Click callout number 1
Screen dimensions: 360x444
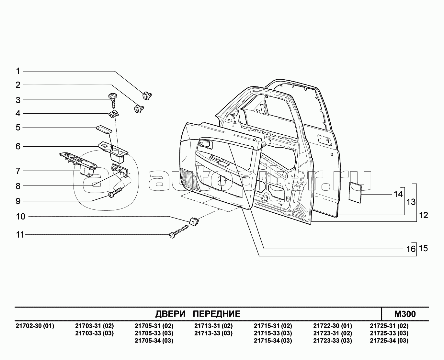pyautogui.click(x=18, y=71)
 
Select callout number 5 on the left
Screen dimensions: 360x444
pyautogui.click(x=18, y=127)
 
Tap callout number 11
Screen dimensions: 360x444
pyautogui.click(x=20, y=234)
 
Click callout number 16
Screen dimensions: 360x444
pyautogui.click(x=410, y=249)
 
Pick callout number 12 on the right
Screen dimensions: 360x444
pyautogui.click(x=423, y=215)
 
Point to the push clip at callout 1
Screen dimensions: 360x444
pyautogui.click(x=147, y=95)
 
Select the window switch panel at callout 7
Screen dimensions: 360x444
pyautogui.click(x=78, y=162)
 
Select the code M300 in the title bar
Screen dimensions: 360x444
pyautogui.click(x=405, y=314)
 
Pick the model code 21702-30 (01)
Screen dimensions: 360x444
pyautogui.click(x=35, y=326)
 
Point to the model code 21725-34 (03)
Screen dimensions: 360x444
pyautogui.click(x=389, y=341)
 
